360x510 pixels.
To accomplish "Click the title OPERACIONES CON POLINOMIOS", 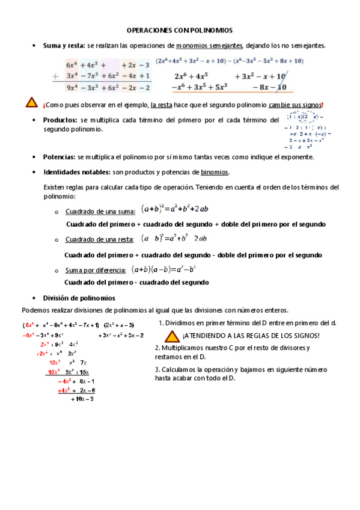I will coord(179,29).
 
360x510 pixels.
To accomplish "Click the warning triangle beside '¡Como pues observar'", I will coord(32,103).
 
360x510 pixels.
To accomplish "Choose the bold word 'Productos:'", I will coord(60,120).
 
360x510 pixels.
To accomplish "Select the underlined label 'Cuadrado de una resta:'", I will coord(100,240).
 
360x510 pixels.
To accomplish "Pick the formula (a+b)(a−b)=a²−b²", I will coord(165,269).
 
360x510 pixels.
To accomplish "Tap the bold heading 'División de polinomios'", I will coord(79,298).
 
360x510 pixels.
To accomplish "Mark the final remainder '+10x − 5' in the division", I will coord(82,399).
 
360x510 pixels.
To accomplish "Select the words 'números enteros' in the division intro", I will coord(264,310).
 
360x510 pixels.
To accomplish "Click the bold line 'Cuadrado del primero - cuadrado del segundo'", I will coord(136,282).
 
